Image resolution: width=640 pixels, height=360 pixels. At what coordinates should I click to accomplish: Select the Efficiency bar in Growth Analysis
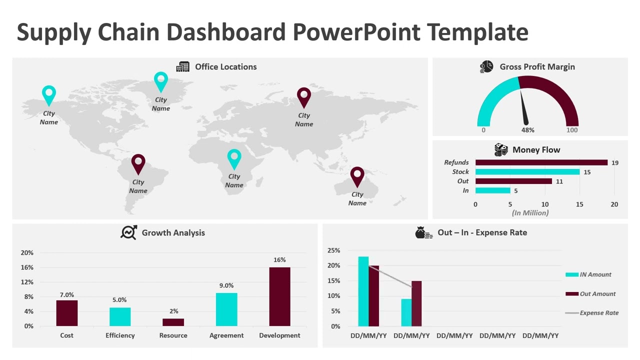(x=120, y=316)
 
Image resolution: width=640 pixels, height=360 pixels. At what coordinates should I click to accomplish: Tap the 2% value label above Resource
(x=173, y=311)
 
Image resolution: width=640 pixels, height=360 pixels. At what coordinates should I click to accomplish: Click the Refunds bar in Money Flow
(x=541, y=162)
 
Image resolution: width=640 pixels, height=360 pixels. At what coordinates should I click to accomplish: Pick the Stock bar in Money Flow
(x=527, y=172)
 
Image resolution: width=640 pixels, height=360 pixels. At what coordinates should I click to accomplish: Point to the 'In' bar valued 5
(x=492, y=190)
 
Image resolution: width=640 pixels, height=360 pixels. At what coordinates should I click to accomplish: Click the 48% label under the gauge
(x=528, y=130)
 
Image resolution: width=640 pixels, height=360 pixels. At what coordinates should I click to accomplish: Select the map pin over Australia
(x=357, y=176)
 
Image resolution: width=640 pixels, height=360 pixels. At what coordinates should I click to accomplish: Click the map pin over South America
(x=138, y=163)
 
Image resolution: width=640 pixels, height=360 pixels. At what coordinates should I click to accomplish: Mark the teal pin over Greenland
(x=160, y=81)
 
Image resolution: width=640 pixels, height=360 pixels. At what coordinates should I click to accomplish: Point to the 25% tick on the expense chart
(x=333, y=250)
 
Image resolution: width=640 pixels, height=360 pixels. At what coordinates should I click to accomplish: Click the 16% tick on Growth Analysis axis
(x=27, y=267)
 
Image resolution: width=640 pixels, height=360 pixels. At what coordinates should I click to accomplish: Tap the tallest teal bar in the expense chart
(x=363, y=291)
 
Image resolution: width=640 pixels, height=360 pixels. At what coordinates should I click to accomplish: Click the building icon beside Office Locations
(x=183, y=67)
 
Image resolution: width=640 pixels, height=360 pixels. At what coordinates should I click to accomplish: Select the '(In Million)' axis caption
(x=530, y=213)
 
